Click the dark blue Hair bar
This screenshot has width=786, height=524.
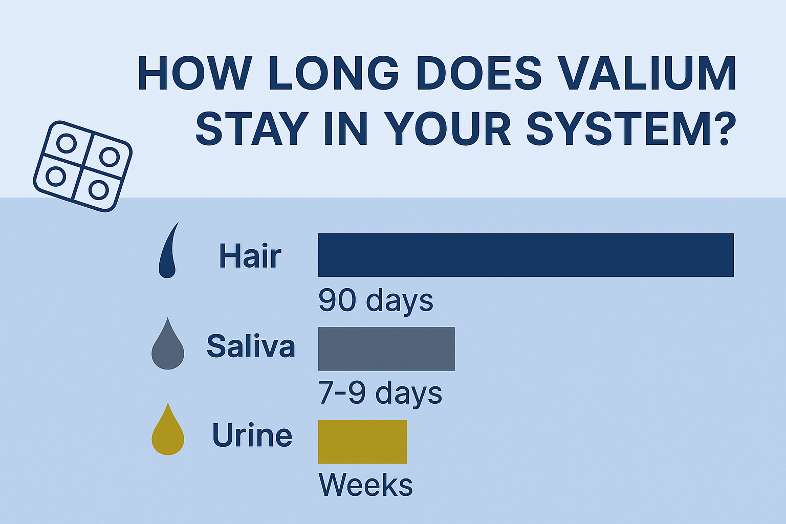click(526, 255)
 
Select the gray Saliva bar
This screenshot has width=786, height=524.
click(386, 349)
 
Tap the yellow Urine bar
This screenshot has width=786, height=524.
click(362, 442)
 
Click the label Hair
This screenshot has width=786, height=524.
click(250, 256)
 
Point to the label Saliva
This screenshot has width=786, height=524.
click(251, 346)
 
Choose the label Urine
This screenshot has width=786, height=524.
click(252, 435)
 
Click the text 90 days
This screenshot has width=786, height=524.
click(376, 300)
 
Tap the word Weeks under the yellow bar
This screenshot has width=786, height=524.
click(366, 485)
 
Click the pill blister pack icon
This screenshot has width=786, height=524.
click(83, 166)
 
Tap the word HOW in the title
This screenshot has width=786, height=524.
click(195, 73)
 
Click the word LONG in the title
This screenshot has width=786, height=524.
click(334, 73)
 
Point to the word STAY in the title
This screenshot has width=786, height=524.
click(252, 128)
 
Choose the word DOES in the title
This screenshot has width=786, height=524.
click(478, 73)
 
